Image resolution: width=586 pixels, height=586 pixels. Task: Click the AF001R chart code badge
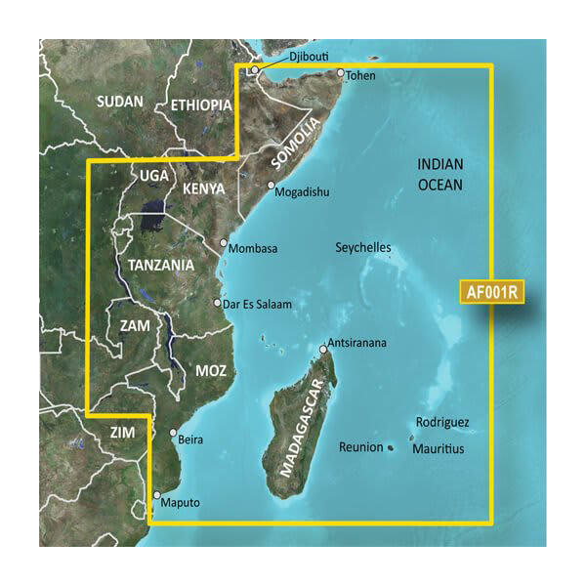[x=490, y=290]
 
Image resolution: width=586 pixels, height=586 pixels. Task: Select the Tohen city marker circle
[x=341, y=73]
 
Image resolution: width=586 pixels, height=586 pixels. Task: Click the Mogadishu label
[x=304, y=192]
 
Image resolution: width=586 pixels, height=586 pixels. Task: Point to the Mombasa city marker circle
[x=224, y=242]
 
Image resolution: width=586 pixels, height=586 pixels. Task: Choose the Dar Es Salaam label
[x=258, y=305]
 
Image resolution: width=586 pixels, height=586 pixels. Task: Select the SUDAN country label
[x=120, y=102]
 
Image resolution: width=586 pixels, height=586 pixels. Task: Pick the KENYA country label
[x=204, y=188]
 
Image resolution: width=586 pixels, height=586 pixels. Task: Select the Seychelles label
[x=362, y=248]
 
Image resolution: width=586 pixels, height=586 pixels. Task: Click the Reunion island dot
[x=391, y=448]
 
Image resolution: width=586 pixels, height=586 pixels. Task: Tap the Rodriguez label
[x=441, y=423]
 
